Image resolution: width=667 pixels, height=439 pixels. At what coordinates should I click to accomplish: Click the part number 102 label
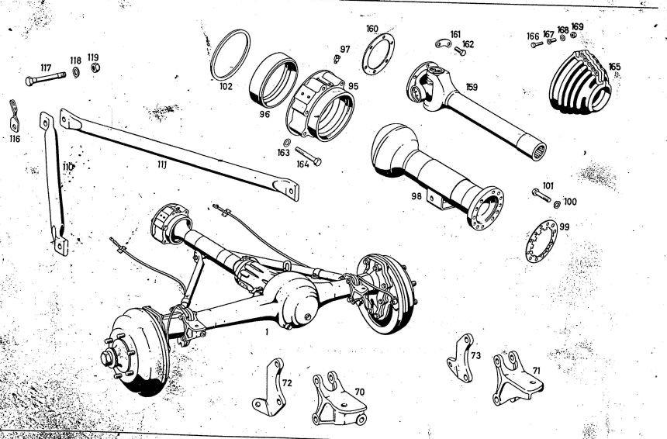226,87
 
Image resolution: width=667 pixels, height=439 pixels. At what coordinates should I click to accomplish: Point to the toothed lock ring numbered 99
541,242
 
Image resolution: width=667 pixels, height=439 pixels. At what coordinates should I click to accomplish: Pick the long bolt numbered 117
45,78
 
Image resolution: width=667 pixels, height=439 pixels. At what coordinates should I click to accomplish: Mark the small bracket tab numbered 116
14,115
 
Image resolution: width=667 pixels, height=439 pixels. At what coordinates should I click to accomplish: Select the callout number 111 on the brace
162,164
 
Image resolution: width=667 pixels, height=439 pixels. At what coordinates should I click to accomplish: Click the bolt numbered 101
541,195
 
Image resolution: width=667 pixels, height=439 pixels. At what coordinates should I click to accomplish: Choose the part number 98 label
418,196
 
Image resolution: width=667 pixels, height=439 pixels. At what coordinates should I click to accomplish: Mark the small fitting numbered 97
338,59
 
